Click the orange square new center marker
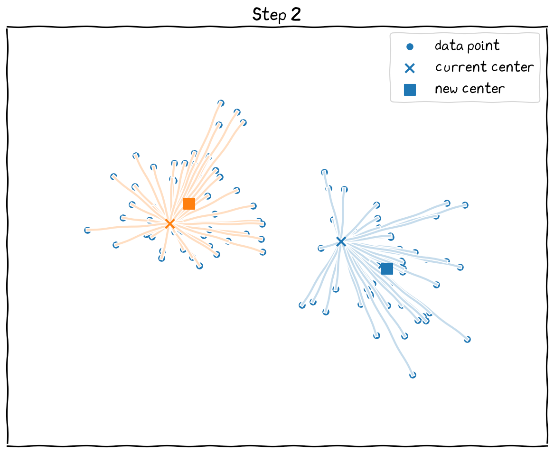pyautogui.click(x=189, y=203)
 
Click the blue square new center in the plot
pyautogui.click(x=387, y=268)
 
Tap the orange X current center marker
pyautogui.click(x=169, y=223)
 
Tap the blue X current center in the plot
pyautogui.click(x=340, y=242)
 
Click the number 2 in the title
pyautogui.click(x=295, y=14)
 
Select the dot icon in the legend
pyautogui.click(x=410, y=47)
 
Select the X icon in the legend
pyautogui.click(x=410, y=68)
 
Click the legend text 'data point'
pyautogui.click(x=467, y=46)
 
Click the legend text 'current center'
pyautogui.click(x=484, y=67)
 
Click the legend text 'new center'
pyautogui.click(x=469, y=89)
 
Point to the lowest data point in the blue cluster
pyautogui.click(x=413, y=375)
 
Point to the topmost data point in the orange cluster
pyautogui.click(x=221, y=103)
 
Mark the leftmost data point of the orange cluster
pyautogui.click(x=87, y=230)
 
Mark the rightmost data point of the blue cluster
pyautogui.click(x=467, y=339)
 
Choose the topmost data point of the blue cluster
pyautogui.click(x=324, y=172)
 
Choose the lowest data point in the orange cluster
pyautogui.click(x=199, y=266)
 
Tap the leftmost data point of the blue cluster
pyautogui.click(x=302, y=305)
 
